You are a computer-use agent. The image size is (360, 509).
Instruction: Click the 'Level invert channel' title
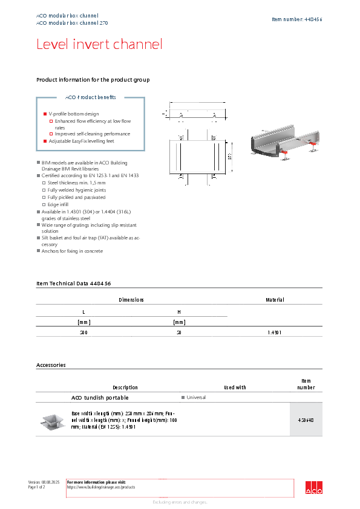pos(99,44)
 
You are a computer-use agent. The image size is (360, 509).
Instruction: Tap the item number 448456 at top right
pos(296,19)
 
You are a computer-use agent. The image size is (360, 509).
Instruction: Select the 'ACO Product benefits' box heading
pos(90,97)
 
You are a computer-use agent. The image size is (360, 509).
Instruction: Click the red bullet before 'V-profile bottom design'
pos(45,114)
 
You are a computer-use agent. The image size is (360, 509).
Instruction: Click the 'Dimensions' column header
pos(131,300)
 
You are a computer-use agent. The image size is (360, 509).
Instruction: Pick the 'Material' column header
pos(275,300)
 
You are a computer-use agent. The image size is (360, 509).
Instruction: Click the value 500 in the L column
pos(83,332)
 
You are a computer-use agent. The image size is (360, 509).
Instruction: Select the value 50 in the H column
pos(178,332)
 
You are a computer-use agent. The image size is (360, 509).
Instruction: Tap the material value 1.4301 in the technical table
pos(275,332)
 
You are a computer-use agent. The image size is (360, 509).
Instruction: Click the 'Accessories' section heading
pos(51,365)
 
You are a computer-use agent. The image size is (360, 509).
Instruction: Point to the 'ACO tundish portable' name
pos(100,398)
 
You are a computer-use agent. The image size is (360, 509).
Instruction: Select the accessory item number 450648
pos(306,420)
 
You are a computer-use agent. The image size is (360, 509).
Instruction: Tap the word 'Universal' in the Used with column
pos(196,398)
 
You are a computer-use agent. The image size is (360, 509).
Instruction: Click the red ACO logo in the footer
pos(313,488)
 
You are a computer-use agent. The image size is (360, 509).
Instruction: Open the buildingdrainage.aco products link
pos(100,487)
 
